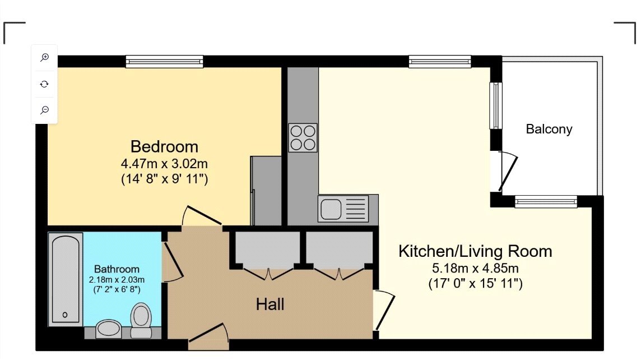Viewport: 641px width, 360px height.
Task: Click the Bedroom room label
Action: (164, 147)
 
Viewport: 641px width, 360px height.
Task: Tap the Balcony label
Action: (549, 129)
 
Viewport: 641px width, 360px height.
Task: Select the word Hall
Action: (270, 304)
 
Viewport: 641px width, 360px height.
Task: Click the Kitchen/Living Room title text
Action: (475, 251)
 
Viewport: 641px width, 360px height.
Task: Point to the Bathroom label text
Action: (117, 269)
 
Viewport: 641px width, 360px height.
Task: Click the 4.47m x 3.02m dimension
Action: (164, 164)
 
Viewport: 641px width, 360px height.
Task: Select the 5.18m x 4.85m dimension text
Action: (475, 269)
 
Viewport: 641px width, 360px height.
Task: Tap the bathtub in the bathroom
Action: (66, 279)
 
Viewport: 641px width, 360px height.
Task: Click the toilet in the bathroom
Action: (141, 319)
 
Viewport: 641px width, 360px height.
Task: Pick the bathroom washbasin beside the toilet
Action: (107, 329)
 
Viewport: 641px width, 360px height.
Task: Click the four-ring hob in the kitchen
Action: (303, 137)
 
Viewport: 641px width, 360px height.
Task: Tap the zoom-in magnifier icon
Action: (45, 57)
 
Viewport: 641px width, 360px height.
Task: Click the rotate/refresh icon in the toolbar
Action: (45, 84)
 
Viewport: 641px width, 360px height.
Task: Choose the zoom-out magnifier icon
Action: (45, 110)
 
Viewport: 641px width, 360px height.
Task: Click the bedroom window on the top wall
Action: (164, 61)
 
